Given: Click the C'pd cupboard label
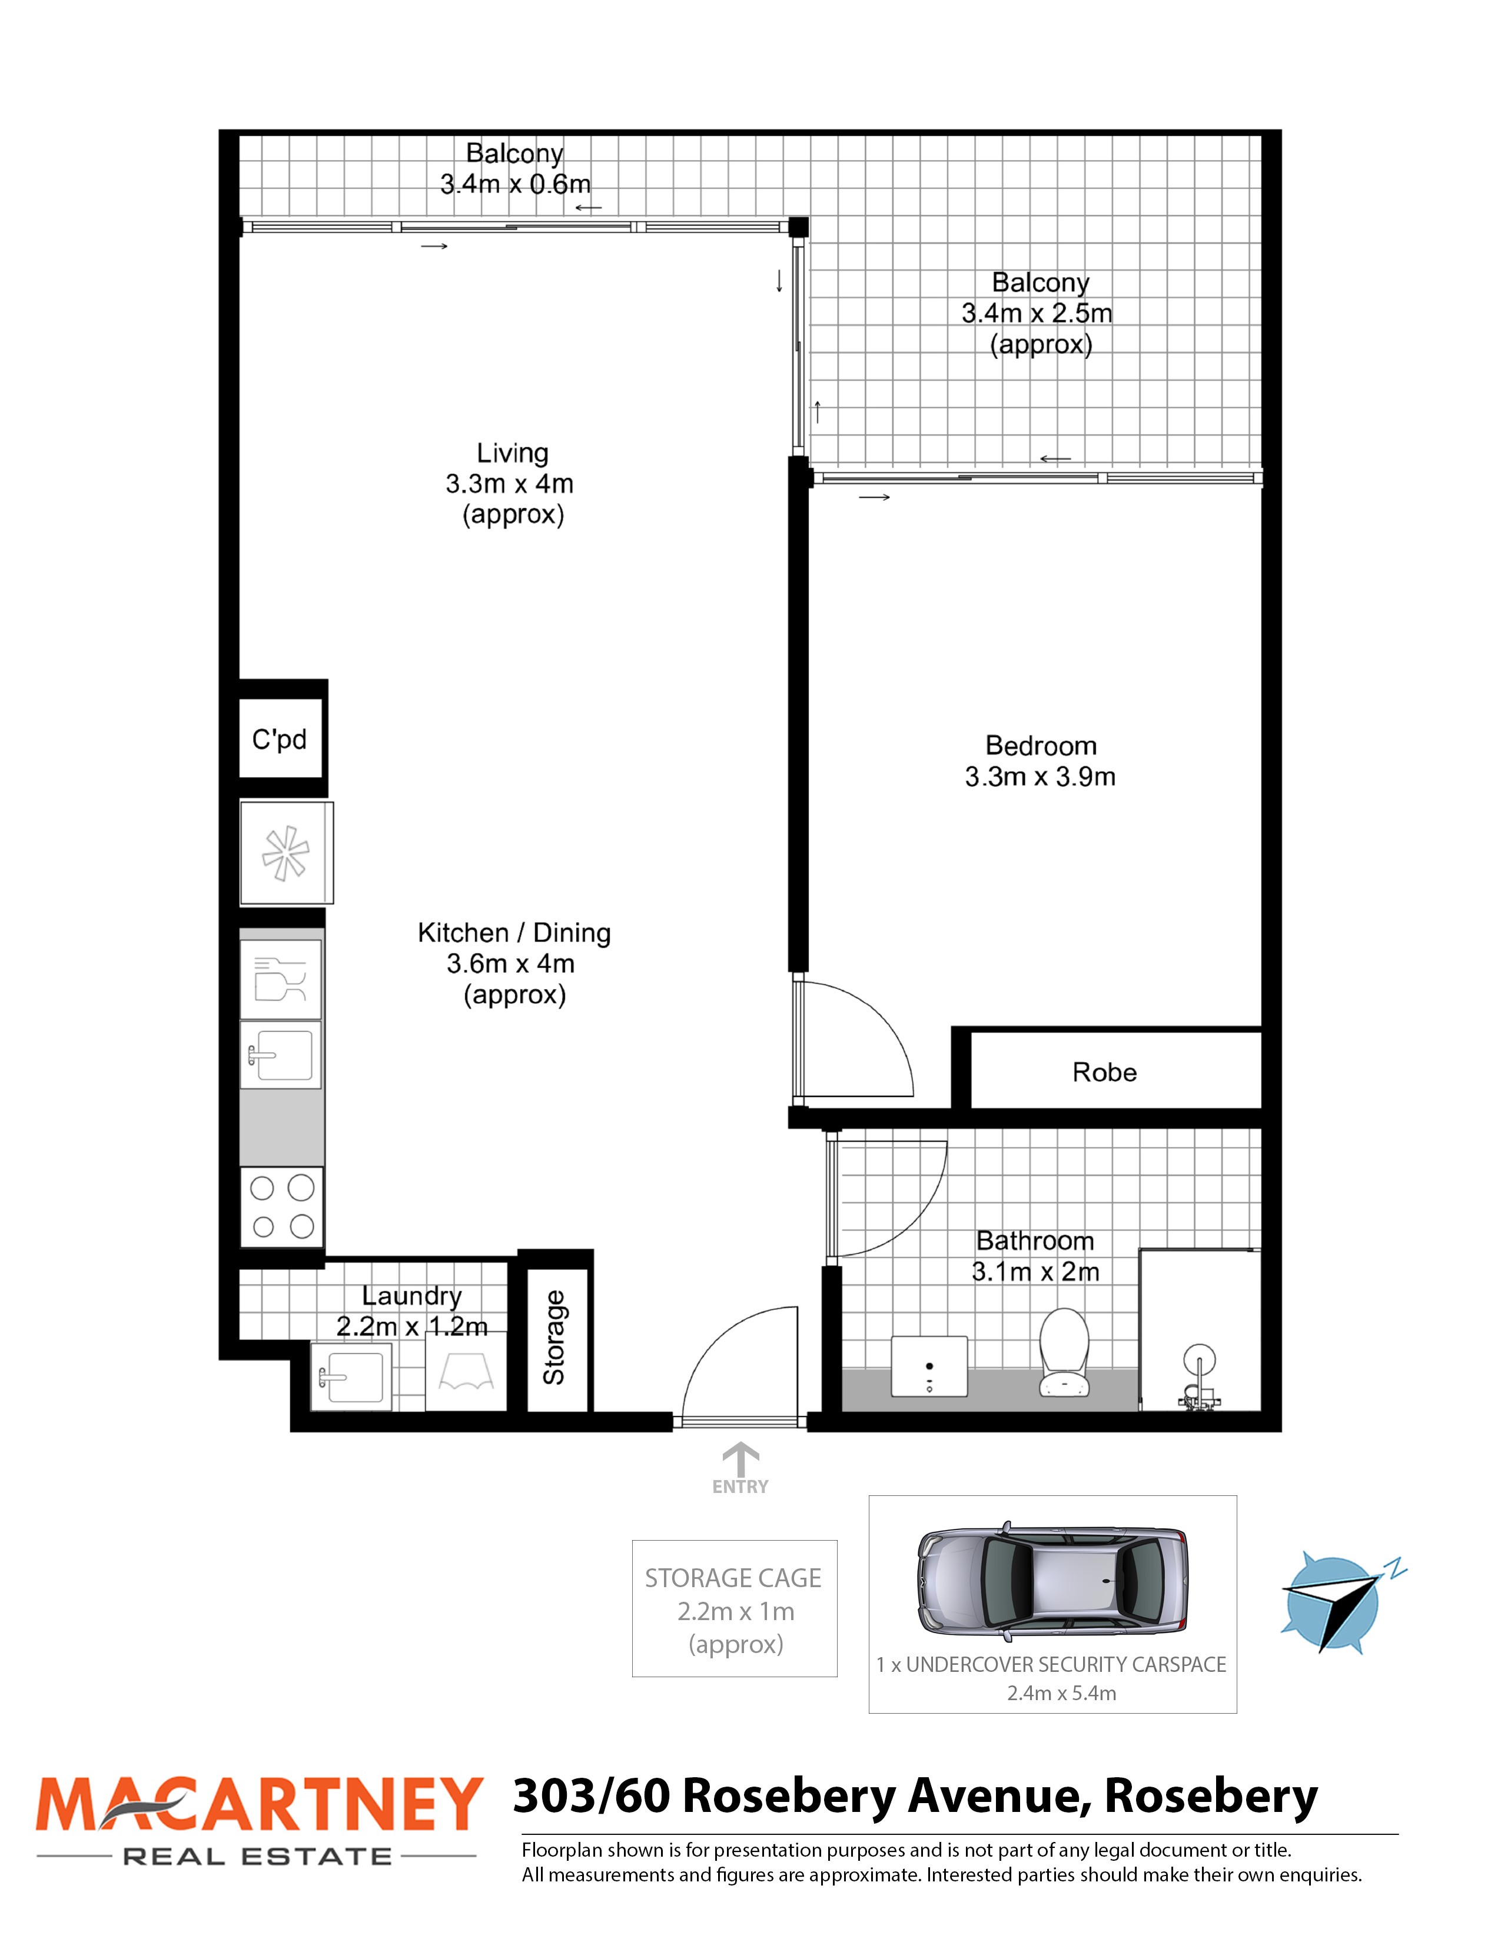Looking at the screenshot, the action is [279, 739].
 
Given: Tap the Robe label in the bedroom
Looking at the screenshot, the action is [1104, 1072].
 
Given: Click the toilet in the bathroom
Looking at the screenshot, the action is [1064, 1352].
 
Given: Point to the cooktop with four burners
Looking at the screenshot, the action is [282, 1206].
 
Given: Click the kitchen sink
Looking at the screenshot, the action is [281, 1055].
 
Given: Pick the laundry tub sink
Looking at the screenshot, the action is [351, 1376].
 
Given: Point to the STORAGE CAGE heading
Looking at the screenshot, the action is [733, 1577].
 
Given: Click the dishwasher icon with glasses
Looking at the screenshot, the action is [281, 979].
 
